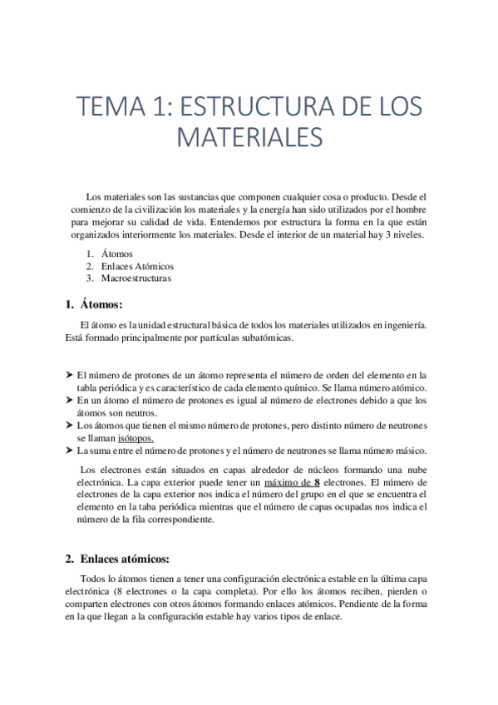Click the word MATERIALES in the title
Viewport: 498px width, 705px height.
pyautogui.click(x=249, y=136)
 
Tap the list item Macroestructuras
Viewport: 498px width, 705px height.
pyautogui.click(x=136, y=279)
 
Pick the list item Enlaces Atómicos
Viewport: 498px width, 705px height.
pyautogui.click(x=137, y=266)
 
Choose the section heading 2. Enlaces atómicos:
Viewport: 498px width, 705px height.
pyautogui.click(x=122, y=559)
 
